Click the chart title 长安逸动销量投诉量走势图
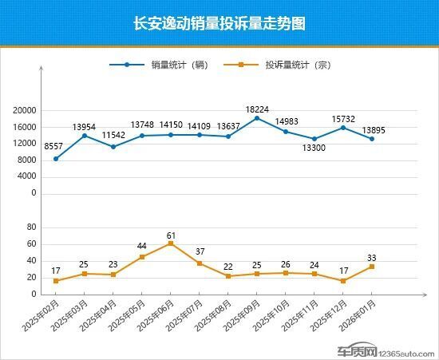(219, 24)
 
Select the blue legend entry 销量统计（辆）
(179, 66)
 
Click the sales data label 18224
(256, 108)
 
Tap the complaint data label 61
(171, 234)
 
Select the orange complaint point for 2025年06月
(171, 243)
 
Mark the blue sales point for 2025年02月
(56, 158)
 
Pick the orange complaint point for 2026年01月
(372, 267)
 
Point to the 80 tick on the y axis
(32, 227)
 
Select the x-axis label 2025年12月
(330, 318)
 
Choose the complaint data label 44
(142, 247)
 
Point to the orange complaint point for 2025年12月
(343, 281)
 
